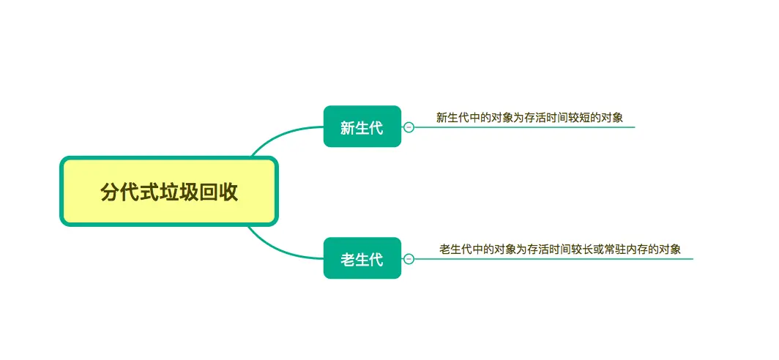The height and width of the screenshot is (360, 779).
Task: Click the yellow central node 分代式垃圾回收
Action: (x=169, y=192)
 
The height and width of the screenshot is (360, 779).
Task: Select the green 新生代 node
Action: (x=362, y=127)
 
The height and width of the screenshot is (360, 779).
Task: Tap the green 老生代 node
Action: (x=362, y=258)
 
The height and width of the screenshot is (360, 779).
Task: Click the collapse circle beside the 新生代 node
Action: (x=409, y=127)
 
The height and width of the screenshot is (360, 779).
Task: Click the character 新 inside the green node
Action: (x=348, y=127)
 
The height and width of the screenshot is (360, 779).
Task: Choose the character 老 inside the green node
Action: (x=348, y=259)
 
